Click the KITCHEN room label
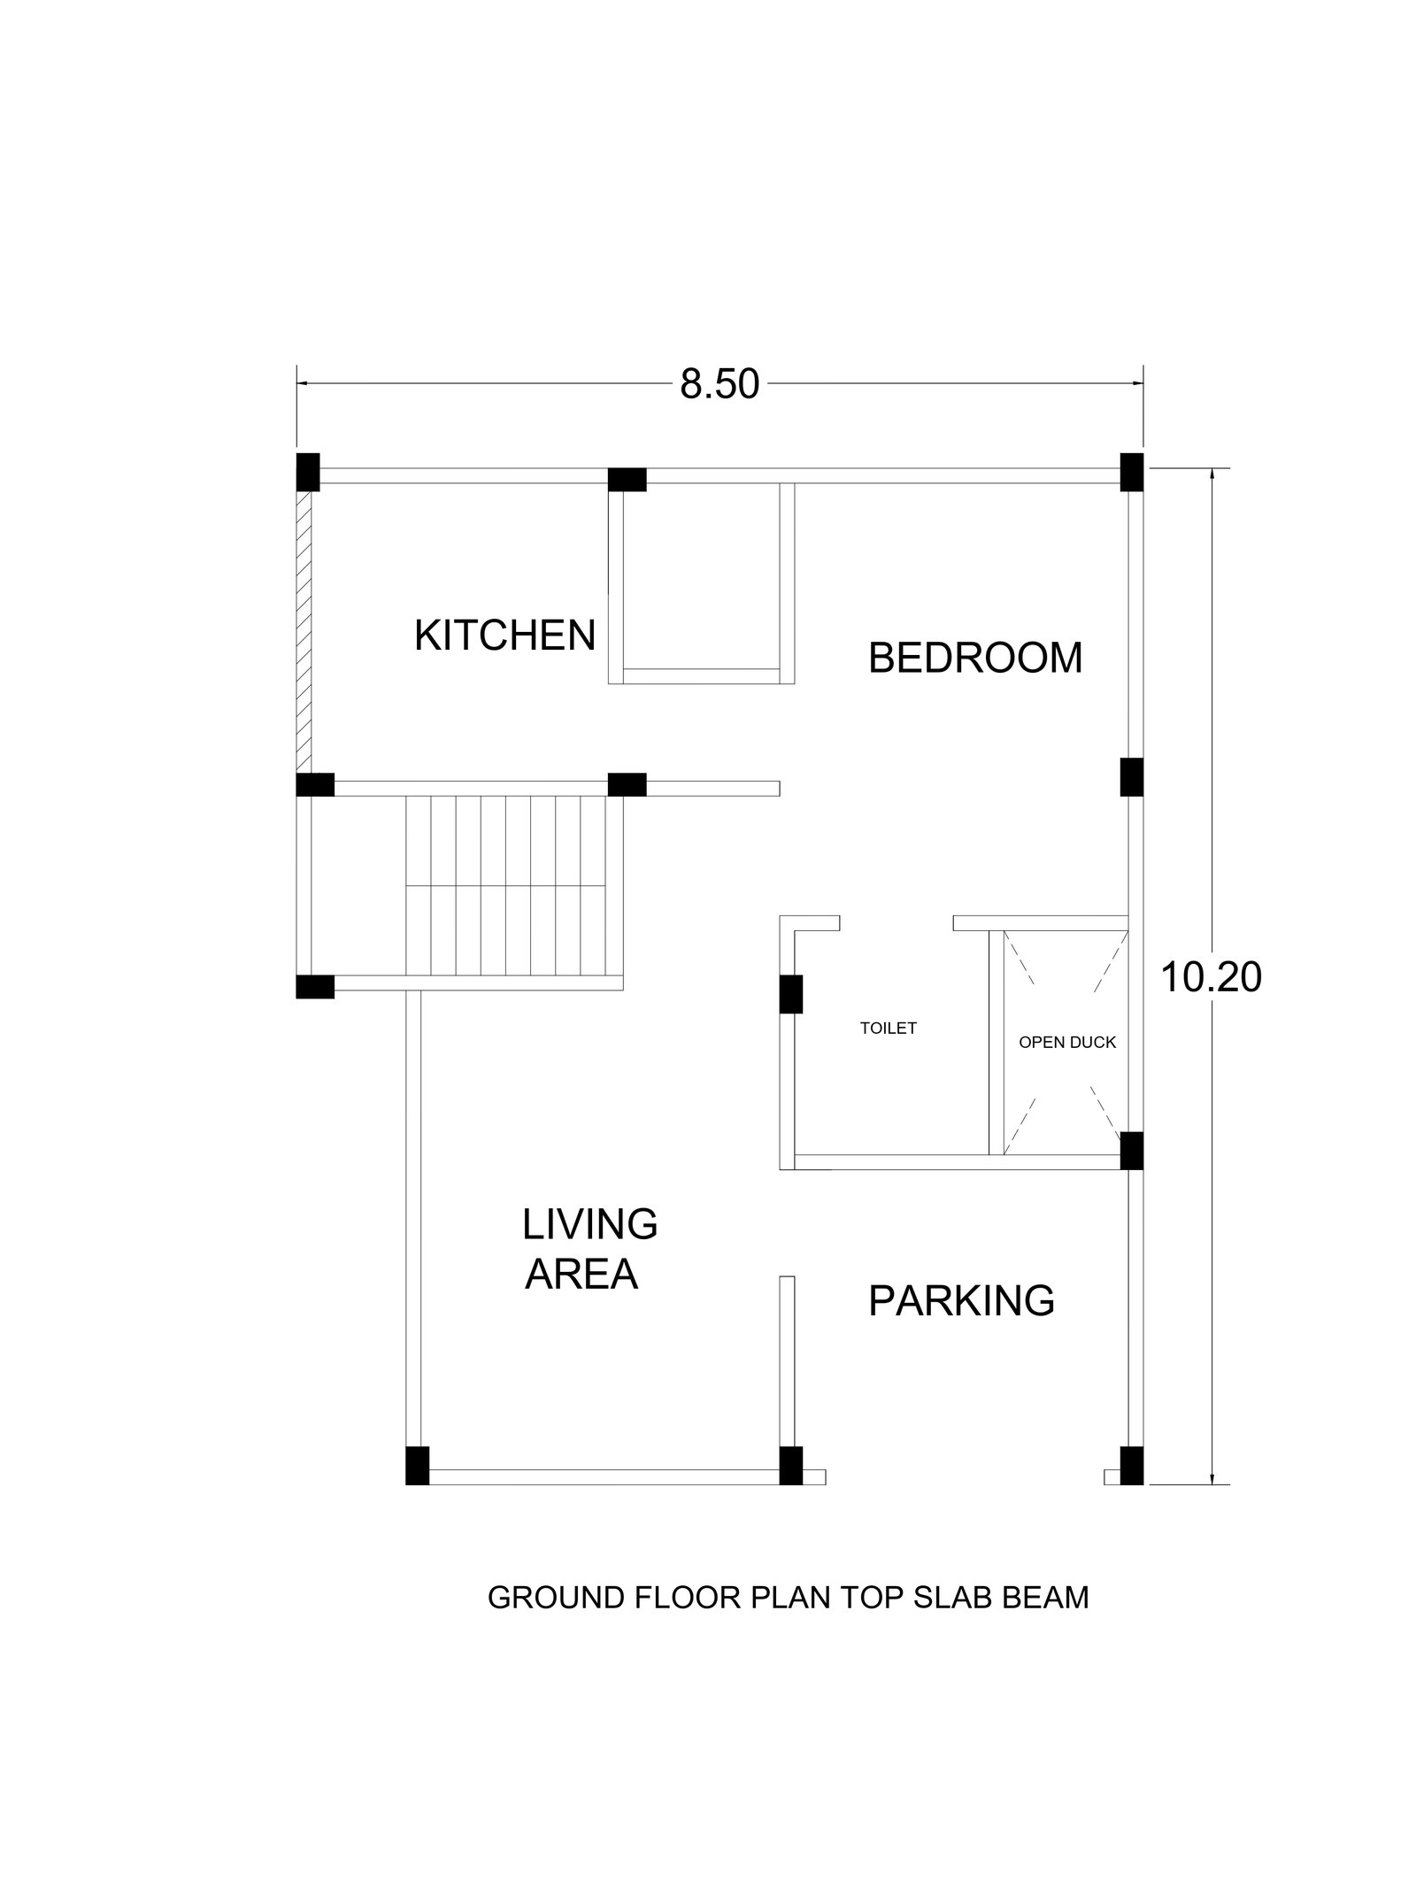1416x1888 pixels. coord(504,636)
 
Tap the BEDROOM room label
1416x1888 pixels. coord(975,658)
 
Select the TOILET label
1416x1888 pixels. coord(889,1028)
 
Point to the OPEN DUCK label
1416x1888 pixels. coord(1067,1042)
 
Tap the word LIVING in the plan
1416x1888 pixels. coord(589,1224)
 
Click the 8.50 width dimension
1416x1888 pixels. coord(720,385)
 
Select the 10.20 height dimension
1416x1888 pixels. coord(1210,977)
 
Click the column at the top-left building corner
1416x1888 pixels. coord(307,472)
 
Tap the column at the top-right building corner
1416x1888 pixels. coord(1132,472)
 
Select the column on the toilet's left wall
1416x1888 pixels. coord(790,994)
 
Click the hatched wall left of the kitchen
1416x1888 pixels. coord(304,632)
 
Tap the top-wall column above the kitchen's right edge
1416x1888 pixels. coord(627,480)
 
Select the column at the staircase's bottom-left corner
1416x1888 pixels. coord(315,987)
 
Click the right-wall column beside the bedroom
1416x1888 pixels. coord(1132,777)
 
